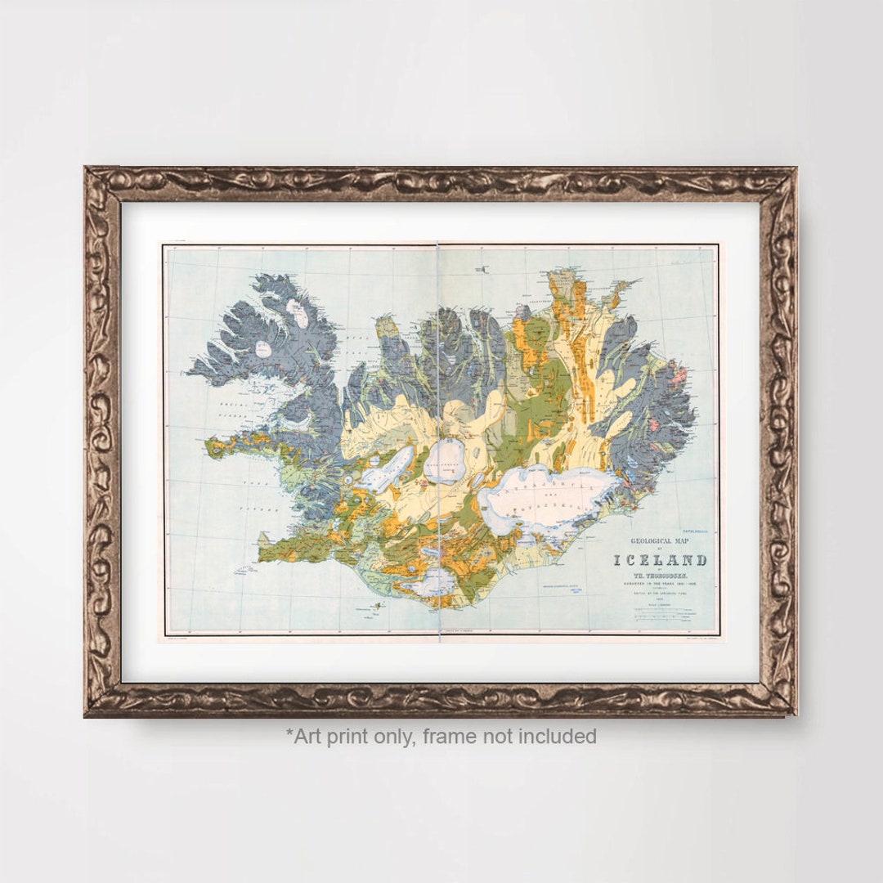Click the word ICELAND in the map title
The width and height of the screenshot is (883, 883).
660,561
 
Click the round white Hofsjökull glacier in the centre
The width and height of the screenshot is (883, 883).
444,462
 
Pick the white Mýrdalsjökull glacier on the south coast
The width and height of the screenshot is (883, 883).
433,582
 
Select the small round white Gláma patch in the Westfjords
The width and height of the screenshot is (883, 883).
263,349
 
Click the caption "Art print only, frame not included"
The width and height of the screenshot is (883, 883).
441,736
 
